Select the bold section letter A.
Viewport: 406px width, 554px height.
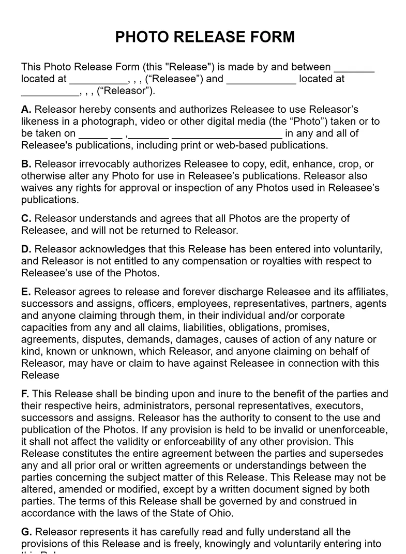(x=26, y=110)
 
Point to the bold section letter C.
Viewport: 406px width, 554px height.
(x=26, y=219)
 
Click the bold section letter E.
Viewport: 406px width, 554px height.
(x=26, y=292)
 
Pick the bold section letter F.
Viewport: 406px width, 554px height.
(x=25, y=394)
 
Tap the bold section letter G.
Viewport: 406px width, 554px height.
(x=26, y=532)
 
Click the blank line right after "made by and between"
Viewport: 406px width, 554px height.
(x=354, y=67)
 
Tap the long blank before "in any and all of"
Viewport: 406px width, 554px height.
(x=227, y=134)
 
